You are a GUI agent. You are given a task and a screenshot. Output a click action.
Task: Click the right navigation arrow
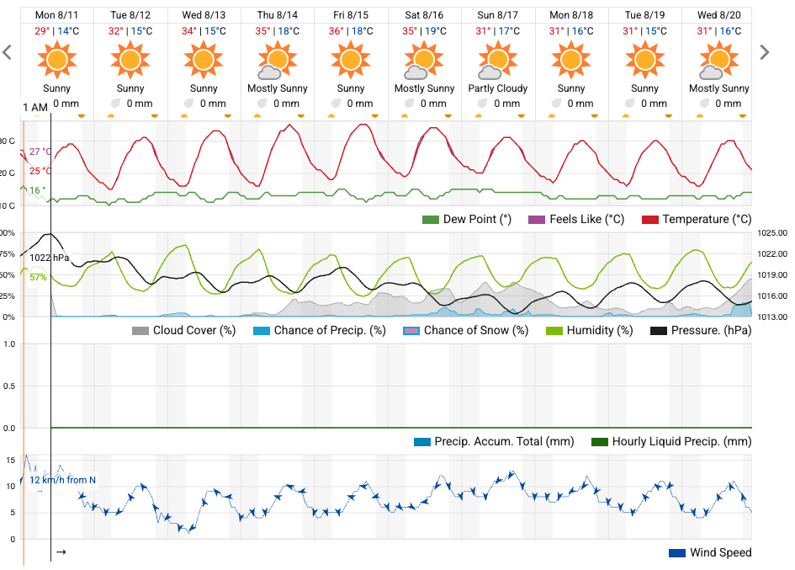click(764, 52)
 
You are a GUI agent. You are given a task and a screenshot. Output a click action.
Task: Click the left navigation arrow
click(8, 52)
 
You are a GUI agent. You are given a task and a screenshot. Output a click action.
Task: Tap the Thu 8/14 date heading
click(278, 15)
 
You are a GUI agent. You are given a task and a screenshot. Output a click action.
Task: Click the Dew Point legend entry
click(467, 220)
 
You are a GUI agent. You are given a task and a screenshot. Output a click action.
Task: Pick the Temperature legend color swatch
click(650, 220)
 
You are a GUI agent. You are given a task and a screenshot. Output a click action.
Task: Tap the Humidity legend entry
click(590, 330)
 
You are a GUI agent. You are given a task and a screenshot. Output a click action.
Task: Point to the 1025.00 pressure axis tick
click(771, 233)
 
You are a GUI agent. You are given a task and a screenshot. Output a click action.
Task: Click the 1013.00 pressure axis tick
click(771, 317)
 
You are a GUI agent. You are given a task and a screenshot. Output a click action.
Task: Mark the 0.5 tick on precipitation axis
click(10, 386)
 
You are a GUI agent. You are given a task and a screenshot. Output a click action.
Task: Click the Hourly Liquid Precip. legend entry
click(671, 441)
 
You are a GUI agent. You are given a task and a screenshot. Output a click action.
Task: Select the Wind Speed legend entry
click(710, 553)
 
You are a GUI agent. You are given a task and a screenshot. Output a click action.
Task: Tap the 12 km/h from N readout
click(62, 481)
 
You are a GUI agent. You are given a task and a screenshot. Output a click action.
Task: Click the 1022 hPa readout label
click(50, 258)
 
